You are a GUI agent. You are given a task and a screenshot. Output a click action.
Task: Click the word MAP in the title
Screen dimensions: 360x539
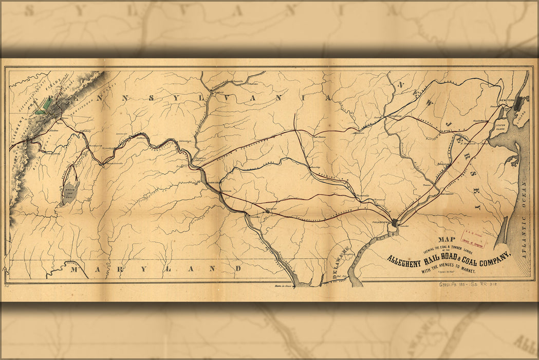pyautogui.click(x=448, y=239)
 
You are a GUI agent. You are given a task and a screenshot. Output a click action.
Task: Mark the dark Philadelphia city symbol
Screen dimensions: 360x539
pyautogui.click(x=394, y=223)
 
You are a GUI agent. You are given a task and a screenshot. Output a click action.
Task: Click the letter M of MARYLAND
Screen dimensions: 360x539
pyautogui.click(x=76, y=269)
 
